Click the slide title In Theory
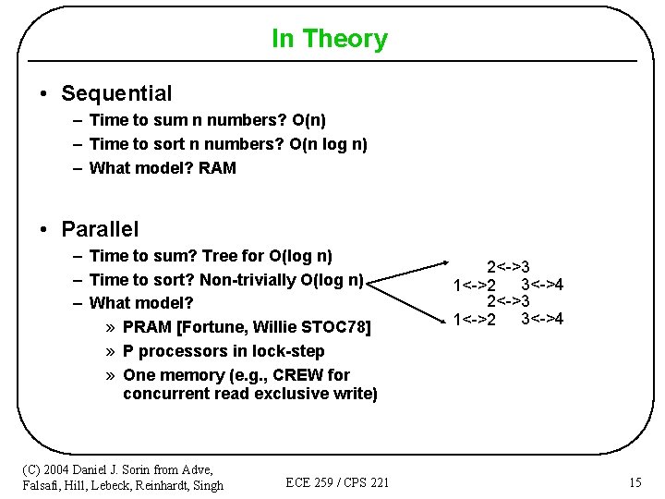point(330,39)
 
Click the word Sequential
point(116,93)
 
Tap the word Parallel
point(100,229)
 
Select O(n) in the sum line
point(308,120)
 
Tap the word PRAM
point(147,327)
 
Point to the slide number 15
point(635,482)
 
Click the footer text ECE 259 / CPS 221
point(337,482)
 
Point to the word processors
point(184,351)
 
